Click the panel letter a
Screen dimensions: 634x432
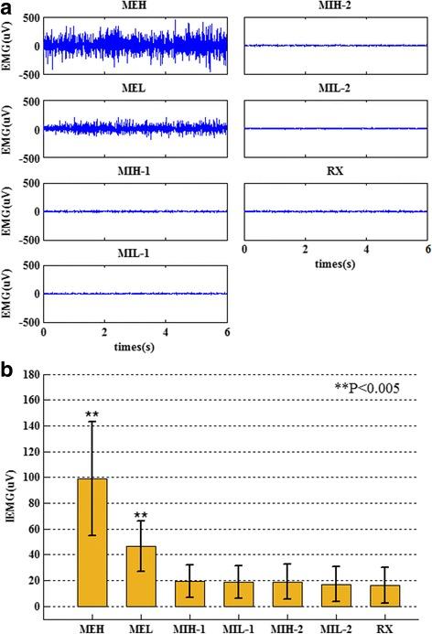[6, 7]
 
